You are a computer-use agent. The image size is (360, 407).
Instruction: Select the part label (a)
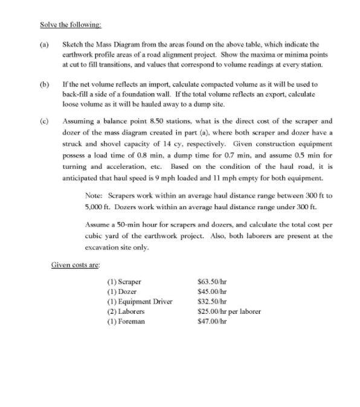point(44,44)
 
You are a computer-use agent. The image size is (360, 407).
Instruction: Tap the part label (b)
point(44,84)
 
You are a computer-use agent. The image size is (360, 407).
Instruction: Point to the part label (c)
point(44,123)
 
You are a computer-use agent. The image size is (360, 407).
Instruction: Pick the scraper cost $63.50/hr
point(213,282)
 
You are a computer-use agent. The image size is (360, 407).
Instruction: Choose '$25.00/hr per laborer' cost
point(230,311)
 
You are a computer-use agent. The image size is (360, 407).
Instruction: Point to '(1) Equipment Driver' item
point(140,301)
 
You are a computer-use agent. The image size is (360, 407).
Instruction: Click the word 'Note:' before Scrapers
point(95,197)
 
